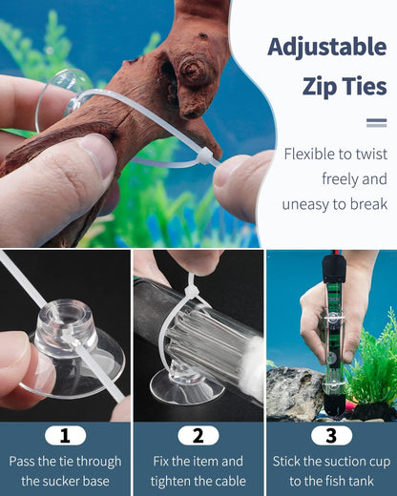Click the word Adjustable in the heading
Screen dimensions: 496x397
[327, 47]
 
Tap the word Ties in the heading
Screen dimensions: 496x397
[366, 87]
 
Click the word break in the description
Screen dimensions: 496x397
[367, 203]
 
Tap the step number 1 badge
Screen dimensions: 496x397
[65, 435]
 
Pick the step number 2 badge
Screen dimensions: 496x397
[198, 435]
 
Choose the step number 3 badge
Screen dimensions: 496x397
[331, 435]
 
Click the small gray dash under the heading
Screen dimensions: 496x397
[376, 122]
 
